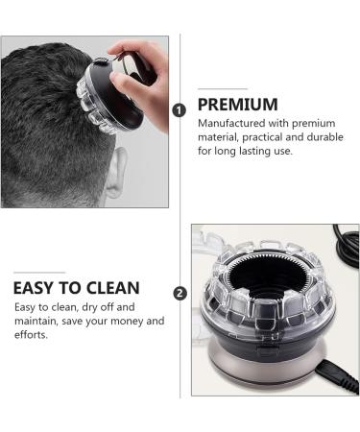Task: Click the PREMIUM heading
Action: coord(238,105)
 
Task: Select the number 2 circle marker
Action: coord(179,293)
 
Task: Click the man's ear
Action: coord(116,173)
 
